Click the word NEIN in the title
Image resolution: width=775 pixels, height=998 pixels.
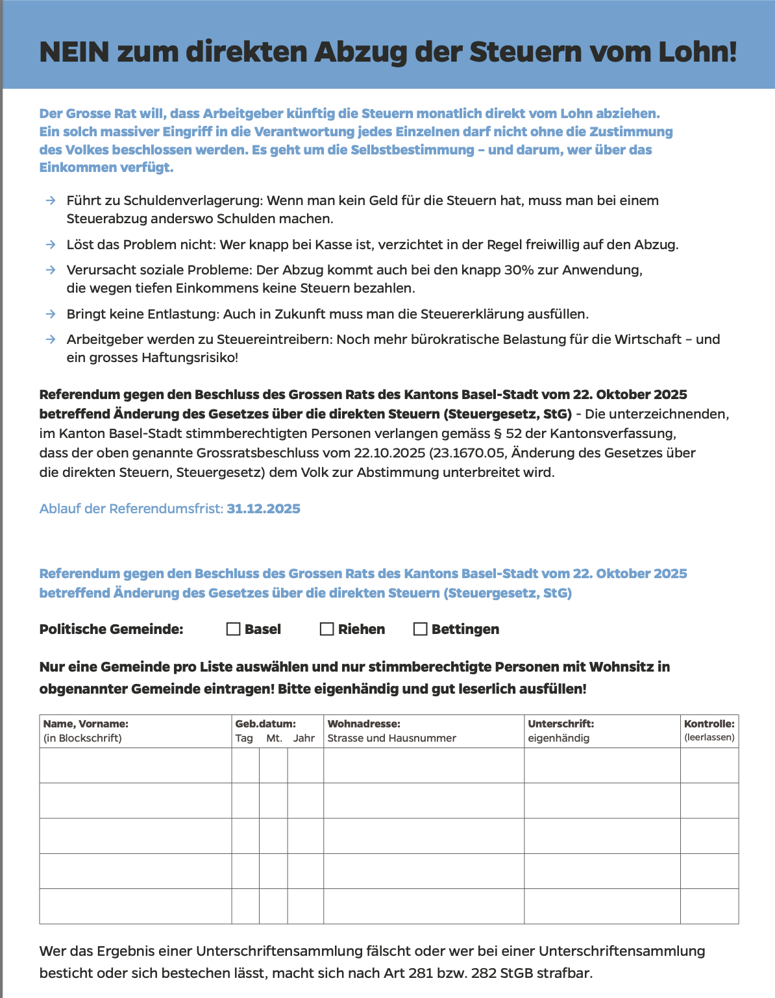[74, 52]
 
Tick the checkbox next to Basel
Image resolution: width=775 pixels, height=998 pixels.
[234, 629]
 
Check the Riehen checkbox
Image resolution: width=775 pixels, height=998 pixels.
[327, 629]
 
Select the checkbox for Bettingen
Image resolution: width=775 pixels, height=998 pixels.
[421, 629]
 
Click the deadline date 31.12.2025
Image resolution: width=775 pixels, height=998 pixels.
[264, 509]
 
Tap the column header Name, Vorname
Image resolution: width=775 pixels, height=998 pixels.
[86, 724]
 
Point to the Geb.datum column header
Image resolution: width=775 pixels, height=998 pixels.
[265, 724]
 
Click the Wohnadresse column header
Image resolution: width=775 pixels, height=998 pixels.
[363, 724]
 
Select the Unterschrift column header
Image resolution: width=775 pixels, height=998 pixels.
[561, 724]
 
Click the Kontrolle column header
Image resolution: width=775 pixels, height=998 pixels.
[709, 724]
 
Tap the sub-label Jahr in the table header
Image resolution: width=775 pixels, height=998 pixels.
[304, 738]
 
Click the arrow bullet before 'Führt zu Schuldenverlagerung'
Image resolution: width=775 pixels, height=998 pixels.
[51, 201]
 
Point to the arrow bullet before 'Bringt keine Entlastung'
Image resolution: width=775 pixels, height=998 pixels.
[51, 314]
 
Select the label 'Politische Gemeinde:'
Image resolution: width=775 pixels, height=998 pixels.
[111, 629]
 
